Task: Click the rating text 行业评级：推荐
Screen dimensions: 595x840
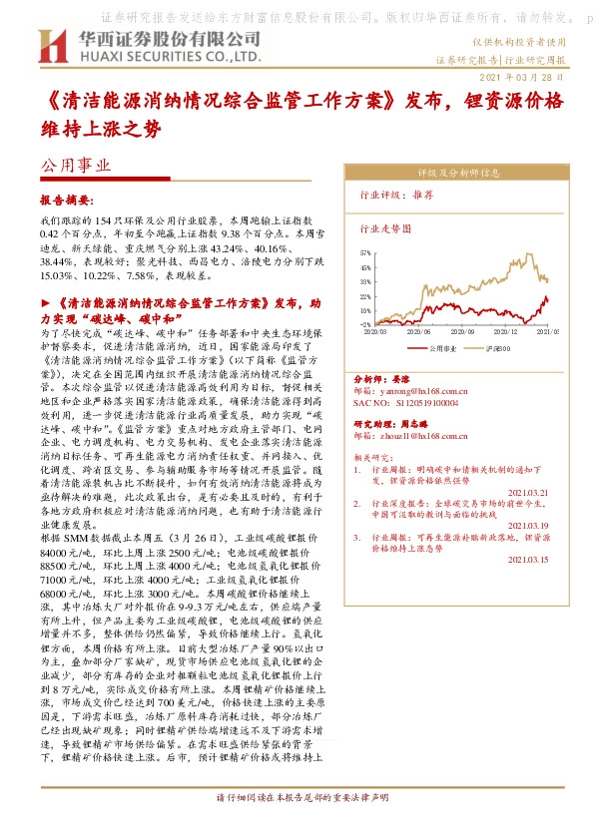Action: [x=395, y=197]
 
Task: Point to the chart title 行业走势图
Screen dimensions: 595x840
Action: [x=384, y=228]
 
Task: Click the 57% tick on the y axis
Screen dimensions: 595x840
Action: [x=365, y=254]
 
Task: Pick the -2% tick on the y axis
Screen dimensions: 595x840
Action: [x=365, y=324]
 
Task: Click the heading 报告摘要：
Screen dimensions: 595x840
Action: [x=66, y=200]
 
